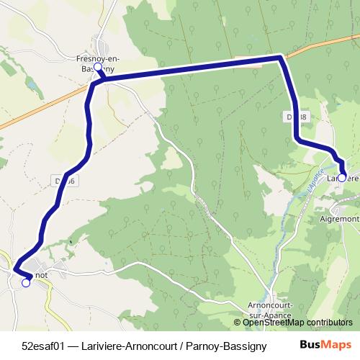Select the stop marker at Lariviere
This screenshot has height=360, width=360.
[342, 176]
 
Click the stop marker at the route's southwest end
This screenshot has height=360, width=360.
[26, 283]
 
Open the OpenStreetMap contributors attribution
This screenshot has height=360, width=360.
[297, 323]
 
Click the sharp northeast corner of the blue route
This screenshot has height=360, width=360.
[279, 58]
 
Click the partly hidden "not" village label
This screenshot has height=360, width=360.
[41, 274]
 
